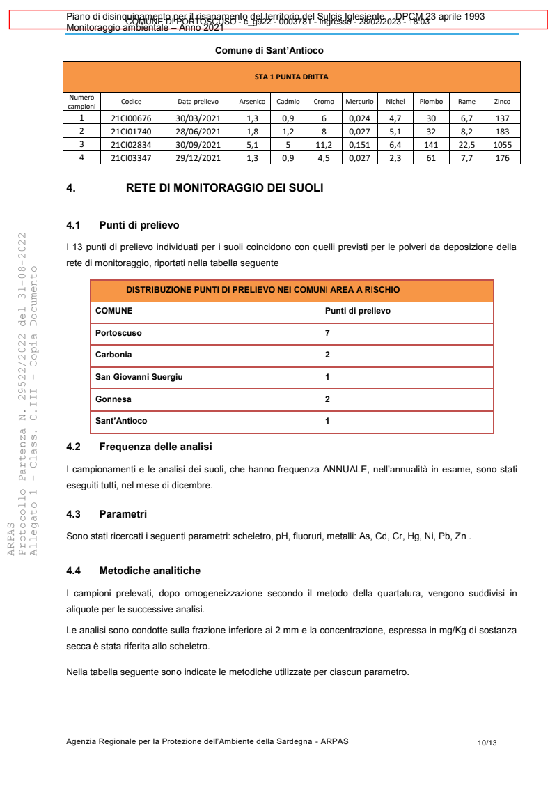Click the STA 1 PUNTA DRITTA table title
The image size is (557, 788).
coord(291,77)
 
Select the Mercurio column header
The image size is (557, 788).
coord(359,102)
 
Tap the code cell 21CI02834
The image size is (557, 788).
coord(131,145)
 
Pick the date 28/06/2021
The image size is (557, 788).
coord(198,132)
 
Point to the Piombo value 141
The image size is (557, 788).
coord(431,145)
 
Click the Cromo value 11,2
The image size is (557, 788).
coord(324,145)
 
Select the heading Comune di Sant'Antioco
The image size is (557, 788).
coord(269,51)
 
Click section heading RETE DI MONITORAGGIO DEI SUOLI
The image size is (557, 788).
coord(224,188)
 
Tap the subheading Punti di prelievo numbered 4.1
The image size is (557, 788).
coord(139,226)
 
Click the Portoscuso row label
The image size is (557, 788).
coord(118,333)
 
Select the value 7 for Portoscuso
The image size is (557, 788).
coord(327,333)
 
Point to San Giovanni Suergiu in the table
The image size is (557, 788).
coord(139,377)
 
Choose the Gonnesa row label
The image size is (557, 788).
coord(113,399)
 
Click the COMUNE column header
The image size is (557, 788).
coord(113,311)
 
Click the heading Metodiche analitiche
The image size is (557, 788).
coord(150,571)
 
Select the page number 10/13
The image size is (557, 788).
coord(487,743)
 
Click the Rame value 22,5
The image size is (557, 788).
coord(466,145)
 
